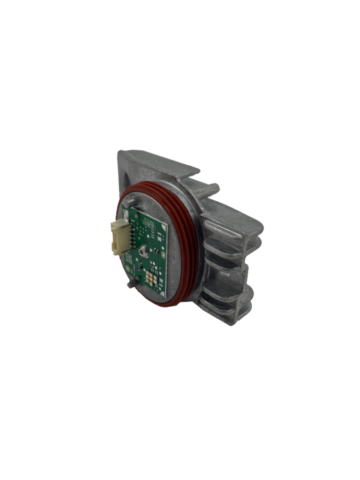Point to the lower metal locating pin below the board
131,284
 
